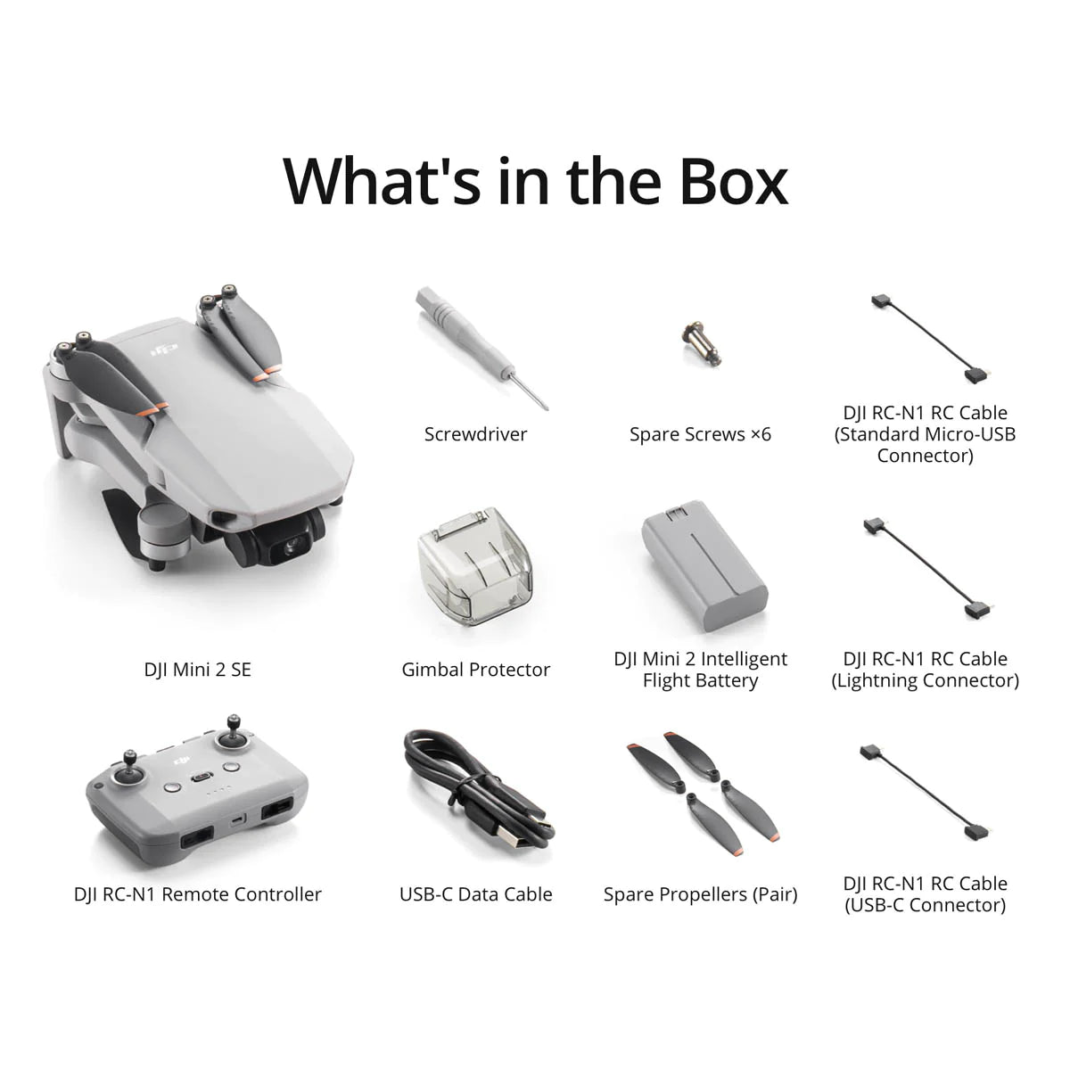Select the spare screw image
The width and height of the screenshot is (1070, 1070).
point(701,343)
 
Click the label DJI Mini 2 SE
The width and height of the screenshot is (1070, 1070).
point(198,669)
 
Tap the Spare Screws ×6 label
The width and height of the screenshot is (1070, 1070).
point(700,434)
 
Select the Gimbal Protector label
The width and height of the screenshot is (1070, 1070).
point(475,670)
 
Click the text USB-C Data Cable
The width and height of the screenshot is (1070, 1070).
point(475,894)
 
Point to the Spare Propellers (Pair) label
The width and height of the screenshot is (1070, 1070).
point(700,894)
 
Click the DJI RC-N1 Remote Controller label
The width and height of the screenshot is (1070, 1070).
point(198,894)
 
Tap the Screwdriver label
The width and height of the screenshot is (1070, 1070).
point(475,434)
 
